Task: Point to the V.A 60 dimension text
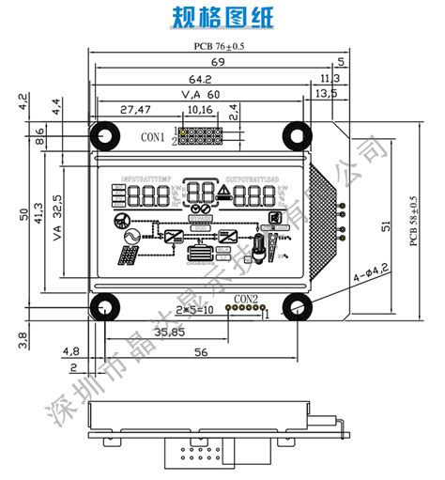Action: [x=200, y=94]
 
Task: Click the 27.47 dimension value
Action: [x=135, y=110]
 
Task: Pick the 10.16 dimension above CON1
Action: [x=200, y=110]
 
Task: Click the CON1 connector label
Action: [x=153, y=137]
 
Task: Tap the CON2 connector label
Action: [x=245, y=299]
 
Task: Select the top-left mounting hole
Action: [x=105, y=137]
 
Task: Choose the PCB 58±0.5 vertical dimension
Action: [x=414, y=221]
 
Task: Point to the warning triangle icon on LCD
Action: [x=224, y=194]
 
